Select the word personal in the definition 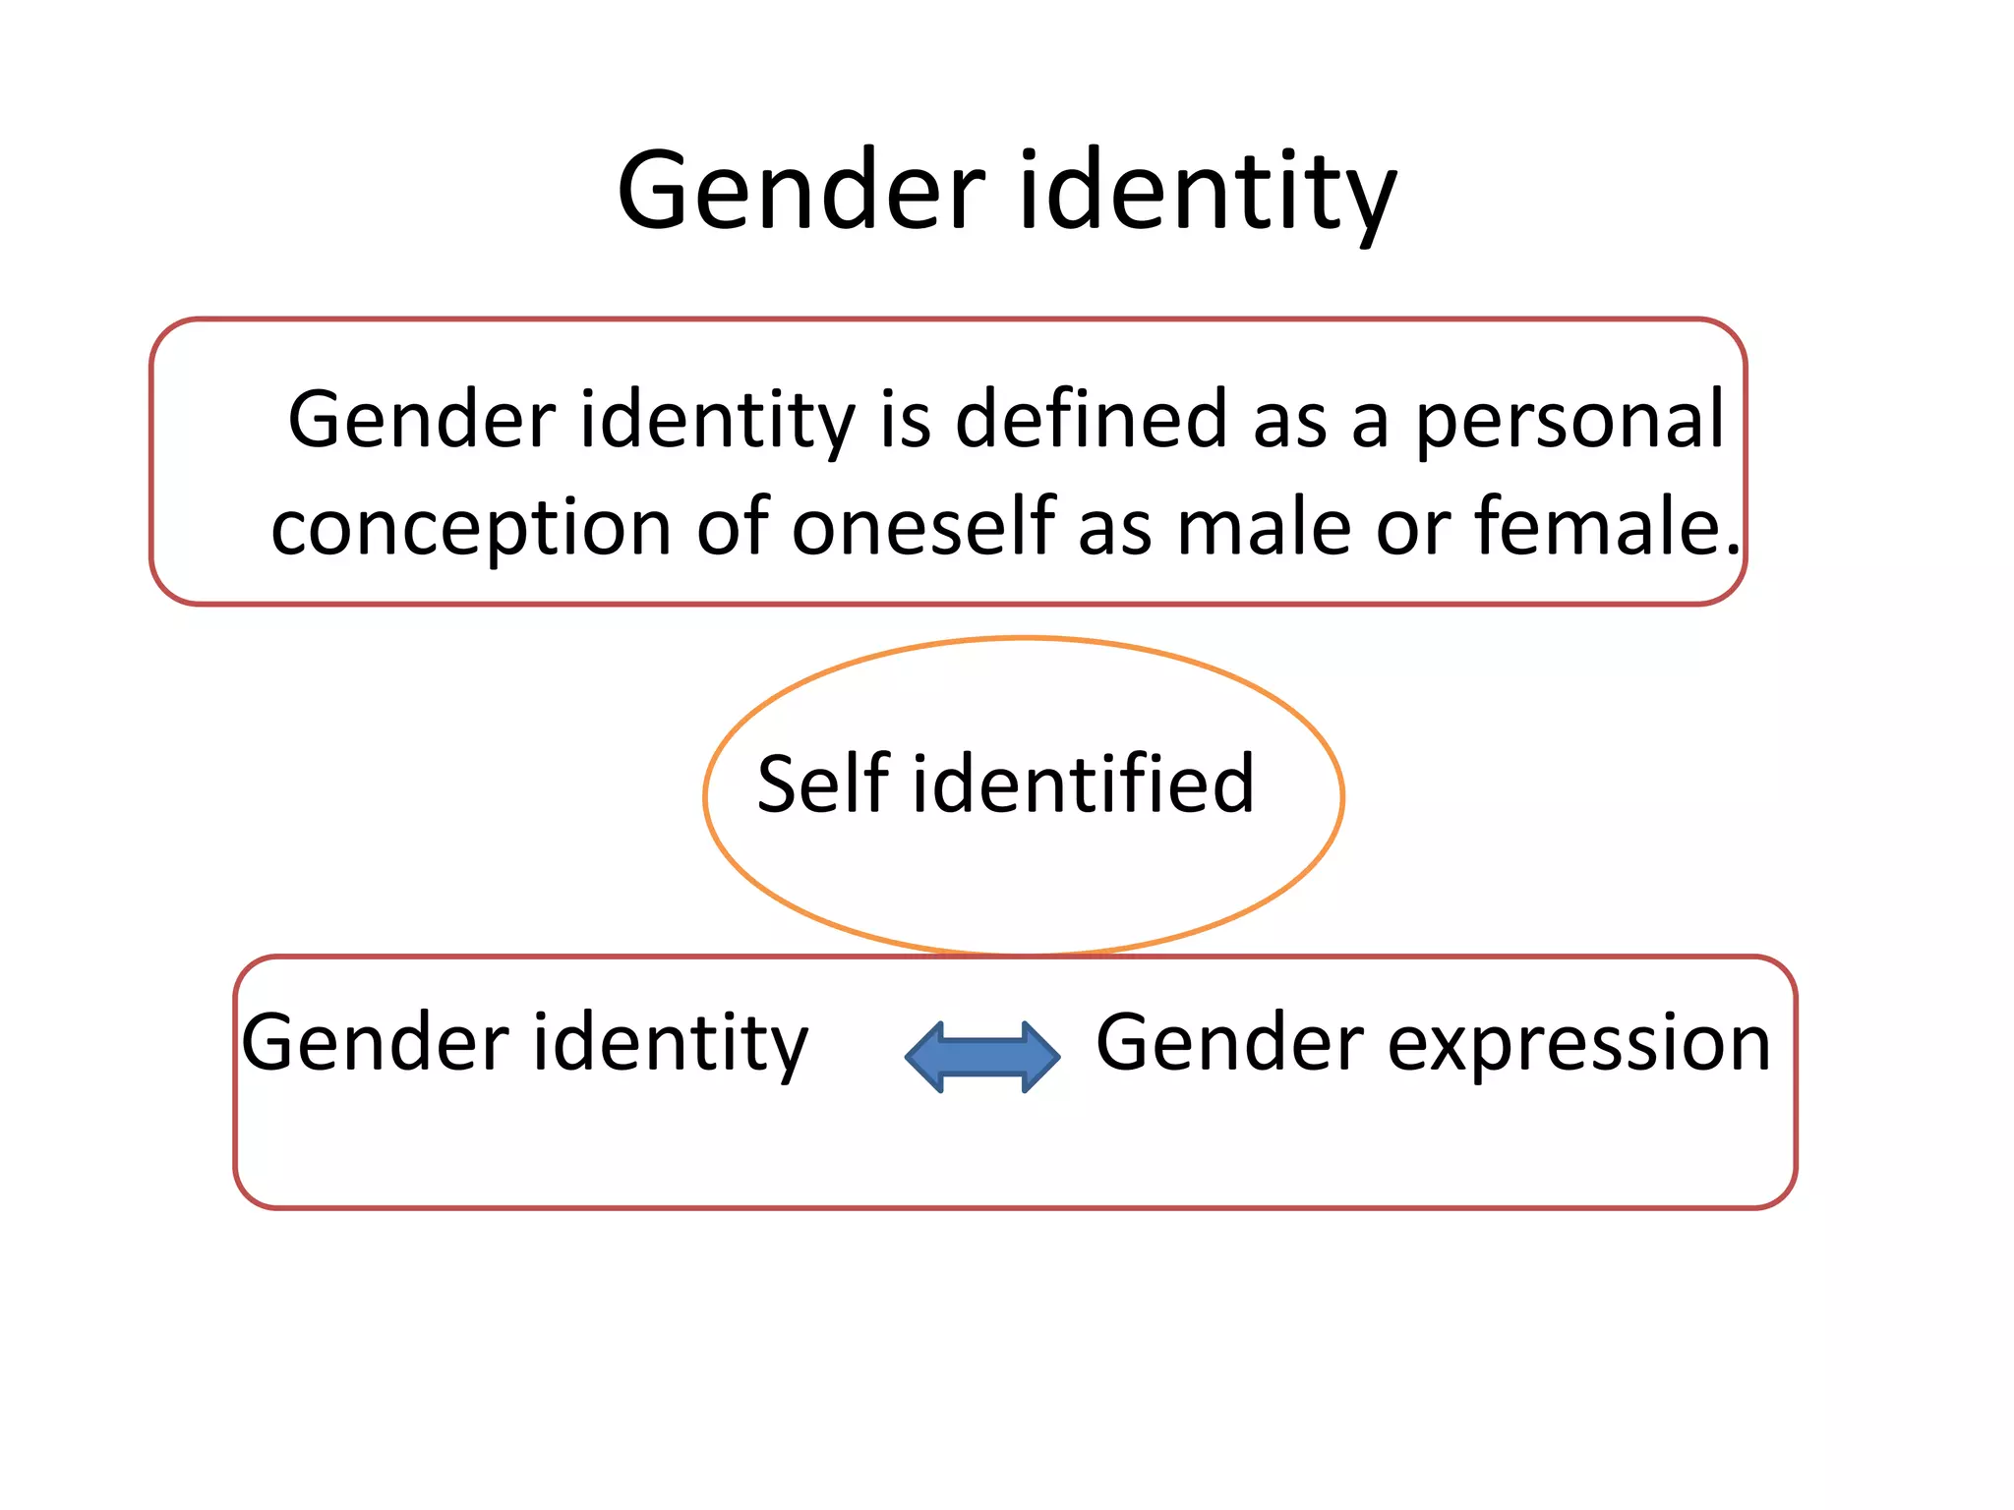point(1570,423)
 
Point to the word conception point(471,529)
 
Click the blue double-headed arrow point(982,1057)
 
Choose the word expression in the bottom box point(1578,1045)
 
